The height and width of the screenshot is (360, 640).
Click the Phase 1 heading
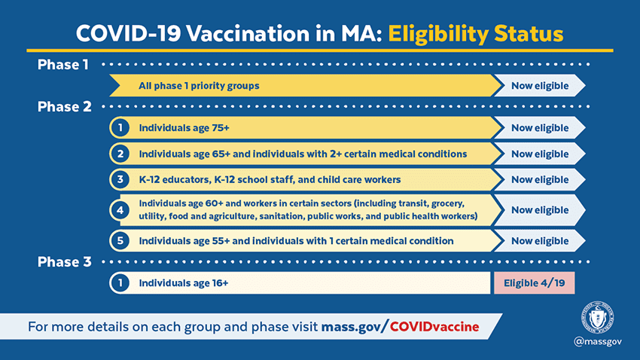[x=62, y=65]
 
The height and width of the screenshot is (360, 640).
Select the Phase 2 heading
[x=65, y=106]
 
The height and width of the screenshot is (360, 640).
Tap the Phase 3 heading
[x=65, y=261]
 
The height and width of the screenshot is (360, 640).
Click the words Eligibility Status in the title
[x=476, y=34]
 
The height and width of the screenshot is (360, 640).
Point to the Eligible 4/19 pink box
[x=535, y=283]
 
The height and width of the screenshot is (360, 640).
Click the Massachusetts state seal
[x=598, y=317]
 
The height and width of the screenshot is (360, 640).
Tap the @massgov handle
[x=598, y=341]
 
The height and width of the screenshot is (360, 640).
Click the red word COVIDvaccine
[x=434, y=327]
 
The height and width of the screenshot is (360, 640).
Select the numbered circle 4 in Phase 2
[x=120, y=210]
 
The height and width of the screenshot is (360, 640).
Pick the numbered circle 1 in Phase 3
[x=120, y=283]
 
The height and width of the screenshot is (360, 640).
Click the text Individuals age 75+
[x=184, y=128]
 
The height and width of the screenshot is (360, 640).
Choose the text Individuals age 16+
[x=184, y=283]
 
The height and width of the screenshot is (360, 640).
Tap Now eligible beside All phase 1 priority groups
[x=540, y=86]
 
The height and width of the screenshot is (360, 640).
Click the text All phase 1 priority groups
[x=200, y=86]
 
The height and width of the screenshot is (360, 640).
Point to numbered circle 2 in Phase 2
[x=120, y=154]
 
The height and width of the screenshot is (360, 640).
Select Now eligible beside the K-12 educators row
[x=540, y=179]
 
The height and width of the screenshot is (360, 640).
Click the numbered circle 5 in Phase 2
[x=120, y=241]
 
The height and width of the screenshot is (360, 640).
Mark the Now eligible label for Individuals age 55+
[x=540, y=241]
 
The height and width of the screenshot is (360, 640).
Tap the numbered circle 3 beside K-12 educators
[x=120, y=179]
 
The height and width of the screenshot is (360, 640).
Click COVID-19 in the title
[x=129, y=33]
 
